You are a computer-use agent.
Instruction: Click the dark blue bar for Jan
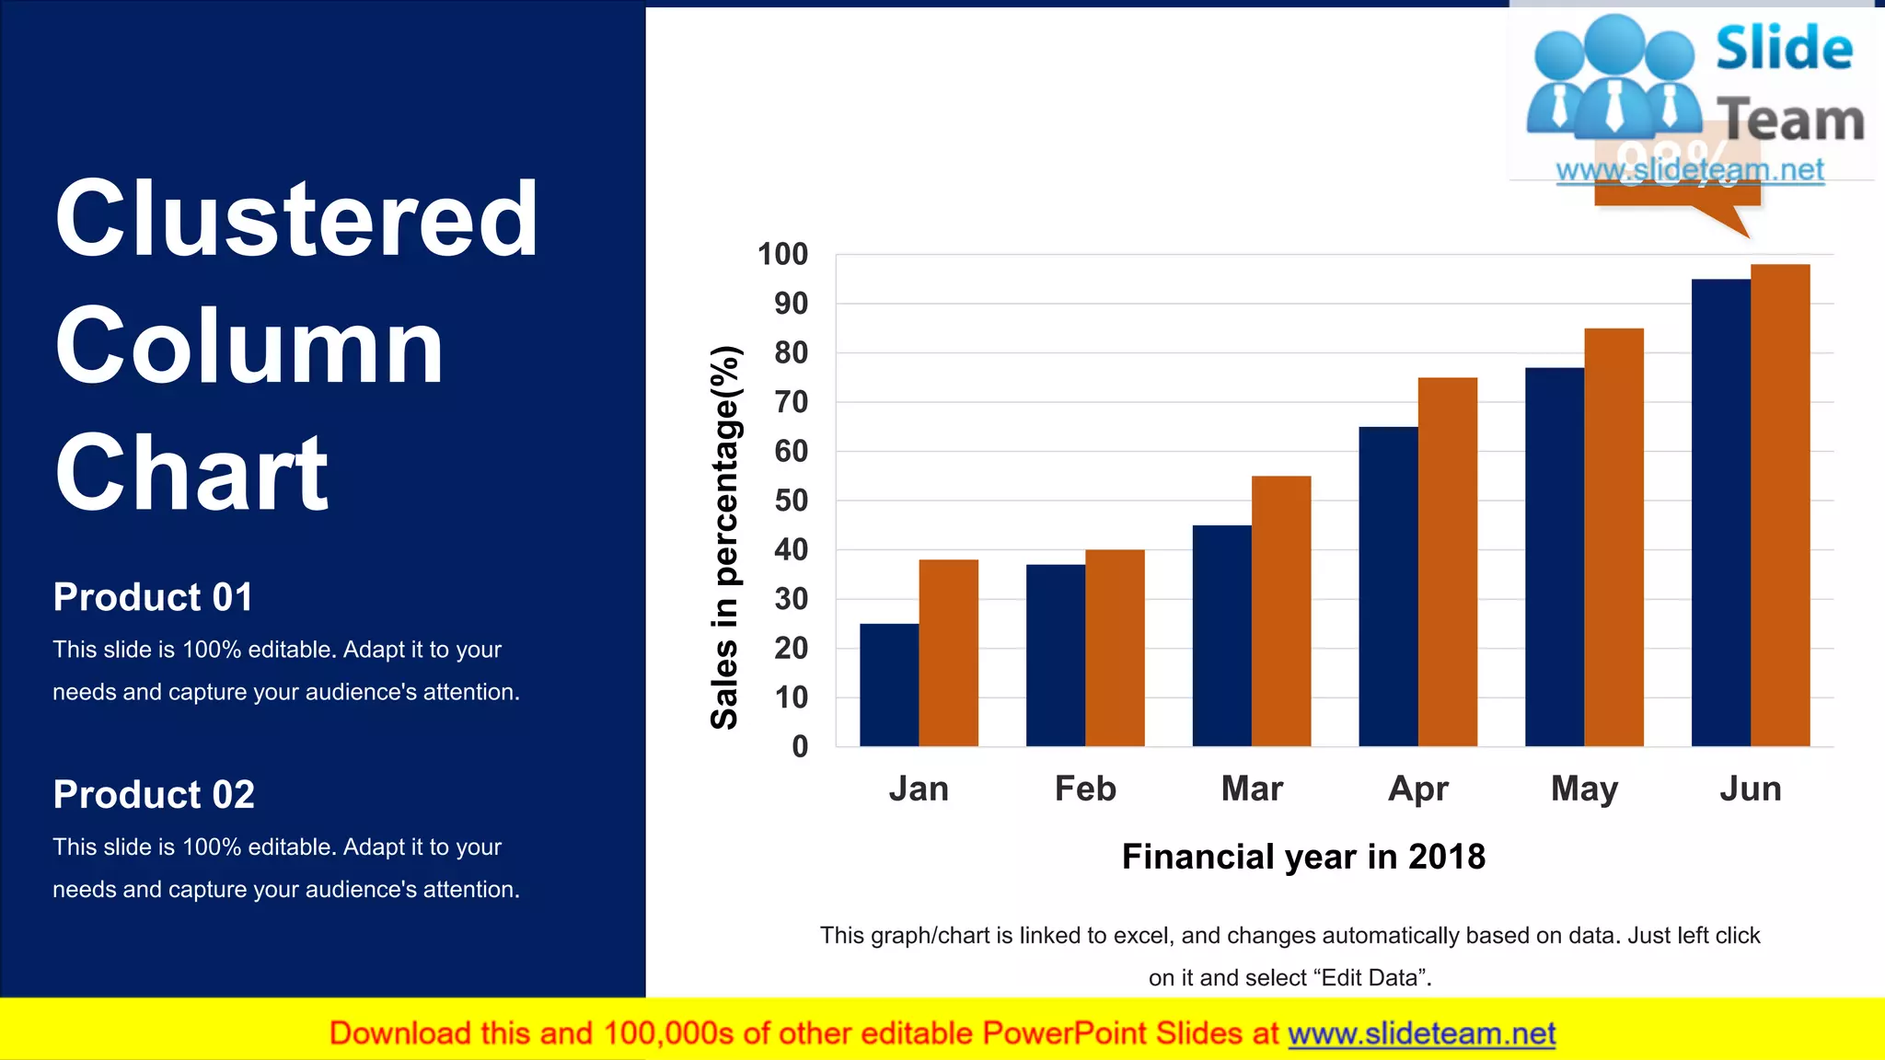tap(889, 685)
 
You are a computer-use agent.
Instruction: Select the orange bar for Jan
tap(948, 652)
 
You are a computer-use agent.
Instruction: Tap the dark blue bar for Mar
tap(1221, 635)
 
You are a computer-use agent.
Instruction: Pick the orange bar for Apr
tap(1447, 561)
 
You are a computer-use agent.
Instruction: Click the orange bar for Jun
tap(1780, 505)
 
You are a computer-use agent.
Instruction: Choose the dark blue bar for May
tap(1554, 557)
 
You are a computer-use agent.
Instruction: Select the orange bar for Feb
tap(1115, 648)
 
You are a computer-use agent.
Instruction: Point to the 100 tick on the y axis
tap(782, 255)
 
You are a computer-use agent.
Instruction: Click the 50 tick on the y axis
tap(791, 501)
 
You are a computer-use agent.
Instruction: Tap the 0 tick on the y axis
tap(800, 746)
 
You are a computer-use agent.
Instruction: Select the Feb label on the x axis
tap(1085, 789)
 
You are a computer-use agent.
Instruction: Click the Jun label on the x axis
tap(1751, 789)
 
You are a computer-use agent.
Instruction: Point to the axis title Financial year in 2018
tap(1303, 857)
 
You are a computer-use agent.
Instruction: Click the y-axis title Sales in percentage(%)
tap(725, 537)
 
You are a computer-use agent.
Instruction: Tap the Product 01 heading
tap(153, 597)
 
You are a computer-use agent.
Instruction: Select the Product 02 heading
tap(154, 795)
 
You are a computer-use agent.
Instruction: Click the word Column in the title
tap(249, 347)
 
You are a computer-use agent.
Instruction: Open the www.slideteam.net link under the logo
tap(1690, 170)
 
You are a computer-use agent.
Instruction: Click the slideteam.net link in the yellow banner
tap(1421, 1034)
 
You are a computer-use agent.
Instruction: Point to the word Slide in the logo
tap(1784, 49)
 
